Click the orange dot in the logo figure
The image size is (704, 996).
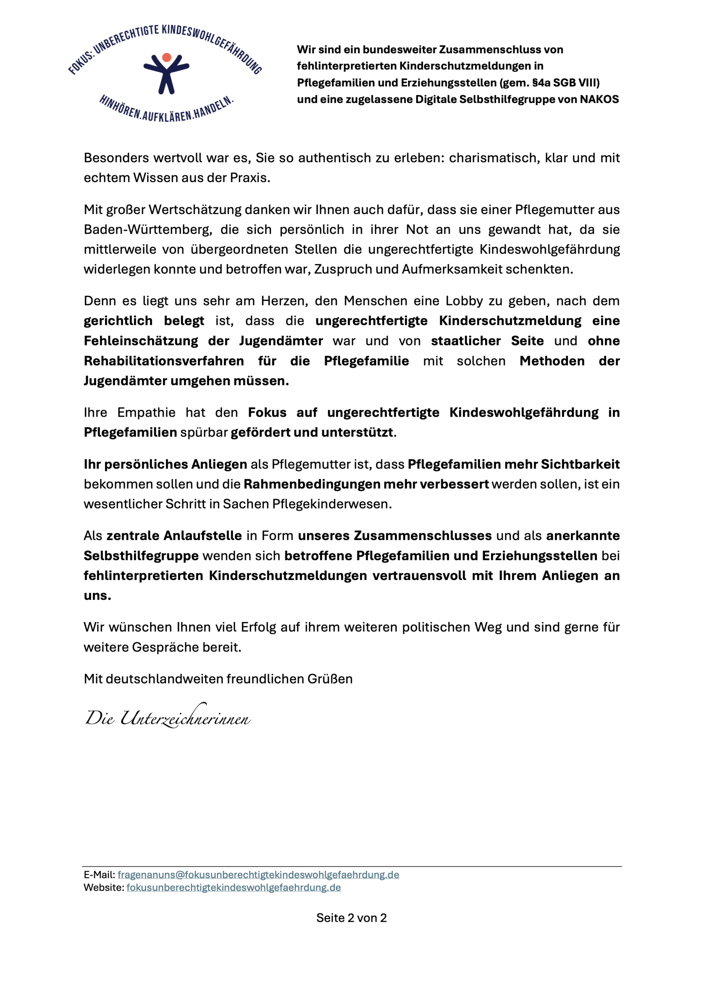click(x=166, y=57)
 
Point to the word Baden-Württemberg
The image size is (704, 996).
click(x=148, y=230)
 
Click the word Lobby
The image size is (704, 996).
click(x=464, y=301)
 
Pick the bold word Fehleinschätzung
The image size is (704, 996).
click(x=141, y=341)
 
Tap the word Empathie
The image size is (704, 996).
click(x=146, y=412)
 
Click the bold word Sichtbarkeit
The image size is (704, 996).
click(x=580, y=464)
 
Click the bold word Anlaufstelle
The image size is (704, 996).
click(x=203, y=536)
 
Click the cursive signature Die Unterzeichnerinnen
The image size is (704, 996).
click(x=168, y=717)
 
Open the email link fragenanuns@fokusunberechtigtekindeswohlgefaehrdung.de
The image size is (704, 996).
click(x=258, y=875)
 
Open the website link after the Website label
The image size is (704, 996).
click(x=233, y=887)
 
